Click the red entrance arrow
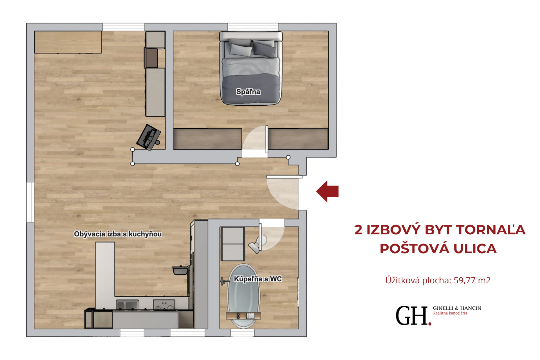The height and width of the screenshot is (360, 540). coord(327,191)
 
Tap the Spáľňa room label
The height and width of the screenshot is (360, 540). coord(248,92)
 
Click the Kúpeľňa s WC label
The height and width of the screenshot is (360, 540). coord(258,279)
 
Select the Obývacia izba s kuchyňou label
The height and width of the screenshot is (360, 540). coord(118,234)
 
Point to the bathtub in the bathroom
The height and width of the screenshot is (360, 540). coord(244,296)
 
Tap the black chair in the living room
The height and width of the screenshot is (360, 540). coord(148,137)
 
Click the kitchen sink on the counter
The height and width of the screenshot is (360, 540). coord(127,305)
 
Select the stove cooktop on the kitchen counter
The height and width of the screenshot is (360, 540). coord(164,305)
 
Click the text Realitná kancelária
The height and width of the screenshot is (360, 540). coord(450,313)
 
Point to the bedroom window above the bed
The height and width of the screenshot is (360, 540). coord(253,27)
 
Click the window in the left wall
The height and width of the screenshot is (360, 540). coord(30,202)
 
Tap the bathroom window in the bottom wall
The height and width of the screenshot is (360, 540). coord(242,333)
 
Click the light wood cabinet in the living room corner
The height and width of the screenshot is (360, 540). coord(68,42)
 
